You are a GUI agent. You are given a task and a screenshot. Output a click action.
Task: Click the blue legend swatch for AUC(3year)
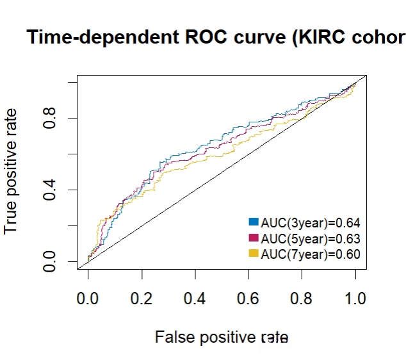253,222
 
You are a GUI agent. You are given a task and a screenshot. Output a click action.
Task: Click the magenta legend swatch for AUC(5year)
253,238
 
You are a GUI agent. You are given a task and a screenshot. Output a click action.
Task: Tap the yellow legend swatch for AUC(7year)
253,254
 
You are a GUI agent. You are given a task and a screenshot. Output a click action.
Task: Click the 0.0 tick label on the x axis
88,299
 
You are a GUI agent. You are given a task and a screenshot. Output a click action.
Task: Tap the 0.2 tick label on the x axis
142,299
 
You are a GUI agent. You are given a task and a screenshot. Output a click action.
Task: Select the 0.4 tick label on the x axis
195,299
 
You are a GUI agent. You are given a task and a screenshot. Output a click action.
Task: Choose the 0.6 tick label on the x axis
249,299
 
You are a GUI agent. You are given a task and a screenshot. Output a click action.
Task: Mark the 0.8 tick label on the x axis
303,299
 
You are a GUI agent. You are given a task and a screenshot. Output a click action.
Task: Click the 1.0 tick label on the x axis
356,299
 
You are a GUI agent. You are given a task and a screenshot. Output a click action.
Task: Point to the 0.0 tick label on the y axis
52,261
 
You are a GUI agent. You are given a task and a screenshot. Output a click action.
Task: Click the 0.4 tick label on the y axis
52,190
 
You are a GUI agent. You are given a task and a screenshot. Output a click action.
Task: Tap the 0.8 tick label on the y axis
52,119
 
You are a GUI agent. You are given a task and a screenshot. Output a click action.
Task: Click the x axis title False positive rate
222,337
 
